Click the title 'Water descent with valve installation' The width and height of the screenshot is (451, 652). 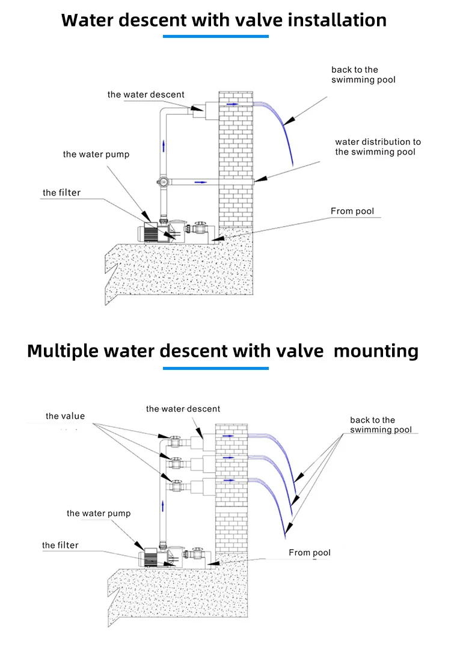224,20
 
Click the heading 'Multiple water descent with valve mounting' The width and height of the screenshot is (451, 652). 222,351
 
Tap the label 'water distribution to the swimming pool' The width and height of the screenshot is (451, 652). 378,147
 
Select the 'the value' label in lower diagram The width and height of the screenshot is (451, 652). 65,416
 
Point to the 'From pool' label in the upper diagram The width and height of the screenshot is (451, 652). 352,211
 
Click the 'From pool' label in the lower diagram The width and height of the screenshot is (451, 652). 309,553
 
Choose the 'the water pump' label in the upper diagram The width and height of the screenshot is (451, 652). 96,155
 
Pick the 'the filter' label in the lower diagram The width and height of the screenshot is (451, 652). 60,546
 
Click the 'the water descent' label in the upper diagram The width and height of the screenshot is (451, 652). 146,94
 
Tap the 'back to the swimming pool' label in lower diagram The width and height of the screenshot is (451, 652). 381,425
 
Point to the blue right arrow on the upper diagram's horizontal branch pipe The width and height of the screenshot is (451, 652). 201,181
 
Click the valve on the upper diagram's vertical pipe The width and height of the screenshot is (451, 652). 163,180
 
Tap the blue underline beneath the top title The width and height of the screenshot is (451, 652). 216,37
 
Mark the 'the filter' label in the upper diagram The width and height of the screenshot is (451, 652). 61,193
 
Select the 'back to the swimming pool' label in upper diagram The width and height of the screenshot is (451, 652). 363,75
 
